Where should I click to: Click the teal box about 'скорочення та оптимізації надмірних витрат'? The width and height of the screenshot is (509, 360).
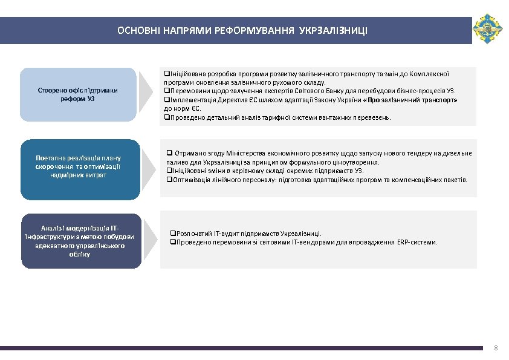(x=80, y=166)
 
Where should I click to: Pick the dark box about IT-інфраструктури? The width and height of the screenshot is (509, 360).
(x=81, y=241)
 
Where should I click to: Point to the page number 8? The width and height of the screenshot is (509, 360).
(x=496, y=348)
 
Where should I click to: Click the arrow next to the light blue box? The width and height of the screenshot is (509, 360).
(x=146, y=93)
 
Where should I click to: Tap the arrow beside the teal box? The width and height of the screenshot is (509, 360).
(x=146, y=167)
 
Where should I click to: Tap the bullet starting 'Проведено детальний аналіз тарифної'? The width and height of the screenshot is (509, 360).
(x=278, y=117)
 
